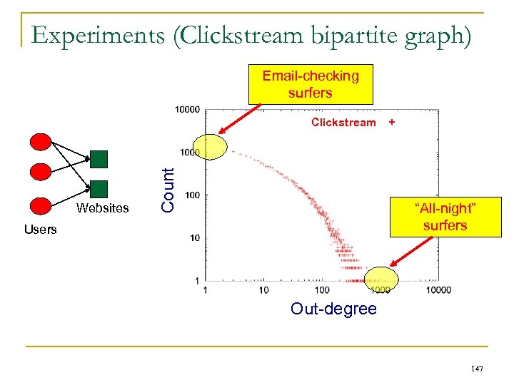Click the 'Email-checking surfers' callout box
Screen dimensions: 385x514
[311, 85]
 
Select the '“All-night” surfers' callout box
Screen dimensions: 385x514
[444, 217]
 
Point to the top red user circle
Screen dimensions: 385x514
[41, 142]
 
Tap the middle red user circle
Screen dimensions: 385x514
[41, 172]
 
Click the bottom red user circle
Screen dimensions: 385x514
[41, 205]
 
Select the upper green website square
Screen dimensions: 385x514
[99, 158]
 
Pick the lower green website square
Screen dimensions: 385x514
[99, 188]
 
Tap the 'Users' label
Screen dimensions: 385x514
[40, 230]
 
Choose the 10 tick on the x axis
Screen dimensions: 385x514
[264, 289]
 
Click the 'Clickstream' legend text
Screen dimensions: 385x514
[343, 123]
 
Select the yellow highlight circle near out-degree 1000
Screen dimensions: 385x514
[381, 279]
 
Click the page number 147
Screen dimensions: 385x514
[476, 368]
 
